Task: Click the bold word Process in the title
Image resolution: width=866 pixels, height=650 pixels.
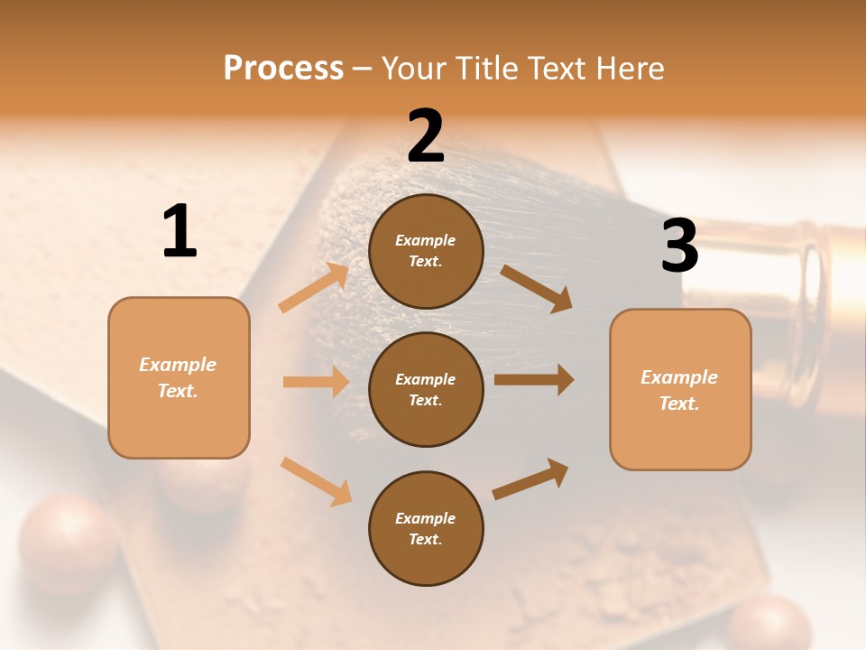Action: (x=283, y=68)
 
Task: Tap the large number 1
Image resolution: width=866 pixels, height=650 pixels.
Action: (x=180, y=232)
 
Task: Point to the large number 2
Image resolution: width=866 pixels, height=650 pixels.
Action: (x=426, y=137)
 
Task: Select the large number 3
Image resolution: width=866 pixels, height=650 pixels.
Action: (x=679, y=246)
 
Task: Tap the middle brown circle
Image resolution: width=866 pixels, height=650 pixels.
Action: (x=426, y=389)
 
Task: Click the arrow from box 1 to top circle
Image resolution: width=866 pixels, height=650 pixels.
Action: (x=314, y=288)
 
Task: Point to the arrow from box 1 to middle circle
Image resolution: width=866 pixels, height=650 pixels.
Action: (x=316, y=382)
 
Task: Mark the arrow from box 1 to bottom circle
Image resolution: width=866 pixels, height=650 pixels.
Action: (x=316, y=481)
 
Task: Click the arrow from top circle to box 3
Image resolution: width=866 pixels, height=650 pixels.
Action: (x=536, y=288)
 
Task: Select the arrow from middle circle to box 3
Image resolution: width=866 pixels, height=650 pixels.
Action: (x=534, y=379)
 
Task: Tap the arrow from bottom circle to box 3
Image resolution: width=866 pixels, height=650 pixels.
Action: (x=530, y=478)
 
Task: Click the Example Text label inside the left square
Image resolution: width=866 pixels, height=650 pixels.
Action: (x=178, y=377)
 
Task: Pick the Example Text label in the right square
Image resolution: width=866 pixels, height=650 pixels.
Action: (x=679, y=390)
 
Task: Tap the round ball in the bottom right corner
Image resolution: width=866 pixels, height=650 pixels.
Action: (x=769, y=624)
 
